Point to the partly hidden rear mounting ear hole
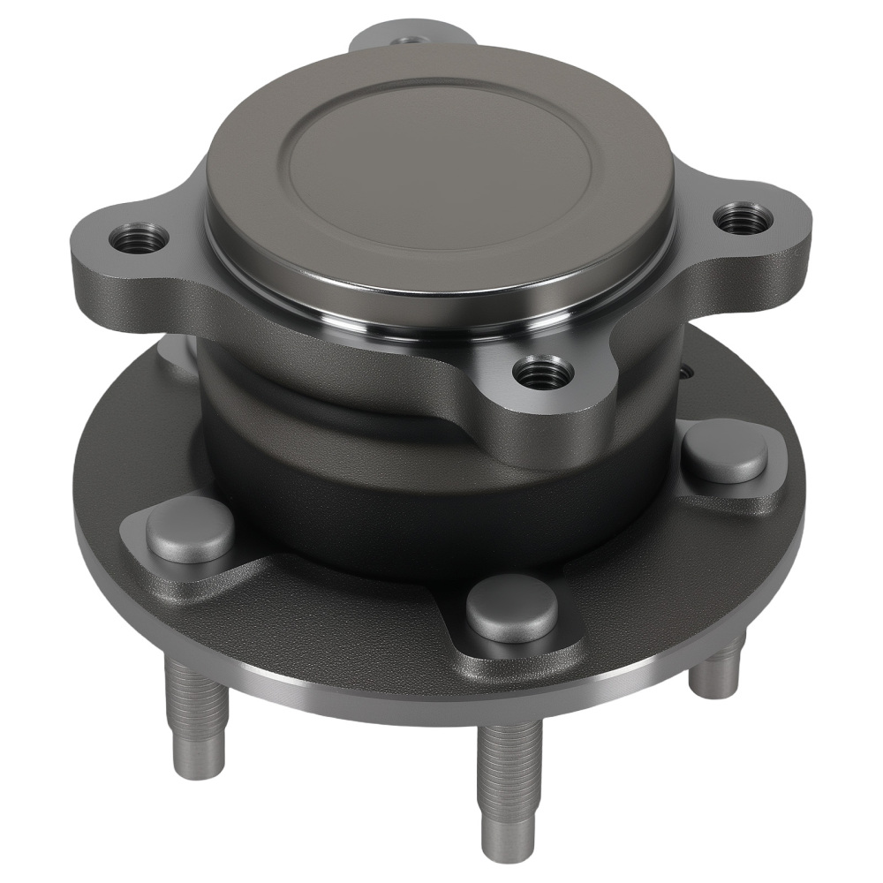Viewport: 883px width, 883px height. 408,40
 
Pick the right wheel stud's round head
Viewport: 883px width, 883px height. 726,450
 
